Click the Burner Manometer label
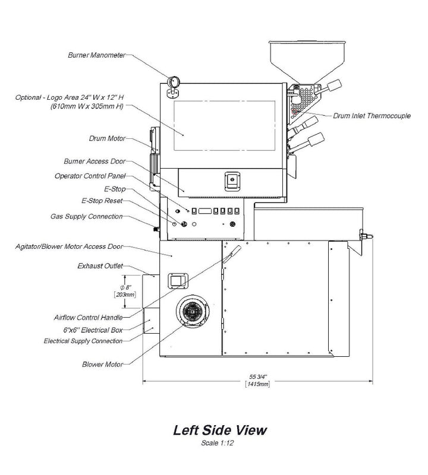click(x=96, y=55)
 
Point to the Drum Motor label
click(x=106, y=139)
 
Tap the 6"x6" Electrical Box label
click(x=89, y=330)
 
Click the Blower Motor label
click(x=103, y=363)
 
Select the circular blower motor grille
click(x=193, y=310)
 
